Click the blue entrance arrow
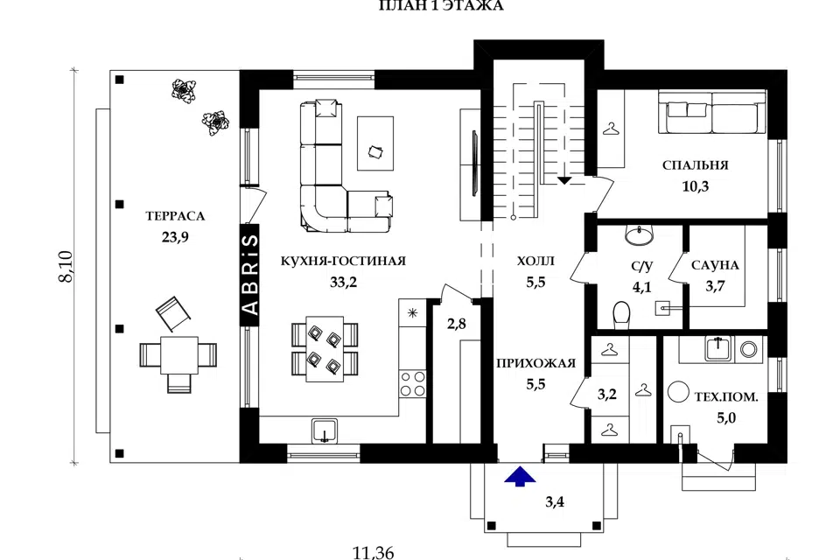[x=520, y=476]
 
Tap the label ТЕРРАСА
[x=175, y=216]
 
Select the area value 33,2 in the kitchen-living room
[x=343, y=283]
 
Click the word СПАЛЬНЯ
[x=696, y=165]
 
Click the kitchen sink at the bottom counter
[x=324, y=430]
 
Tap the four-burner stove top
[x=412, y=384]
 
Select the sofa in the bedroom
[x=712, y=112]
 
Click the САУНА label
[x=715, y=265]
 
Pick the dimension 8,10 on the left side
[x=66, y=266]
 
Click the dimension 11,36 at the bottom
[x=374, y=552]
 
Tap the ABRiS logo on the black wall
[x=249, y=275]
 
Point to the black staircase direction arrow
[x=564, y=180]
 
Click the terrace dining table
[x=179, y=354]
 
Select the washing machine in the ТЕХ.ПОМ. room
[x=748, y=350]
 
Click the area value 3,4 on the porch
[x=555, y=502]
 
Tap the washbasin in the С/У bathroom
[x=639, y=234]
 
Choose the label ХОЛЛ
[x=535, y=262]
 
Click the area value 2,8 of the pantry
[x=457, y=324]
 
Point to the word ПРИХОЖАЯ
[x=535, y=363]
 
